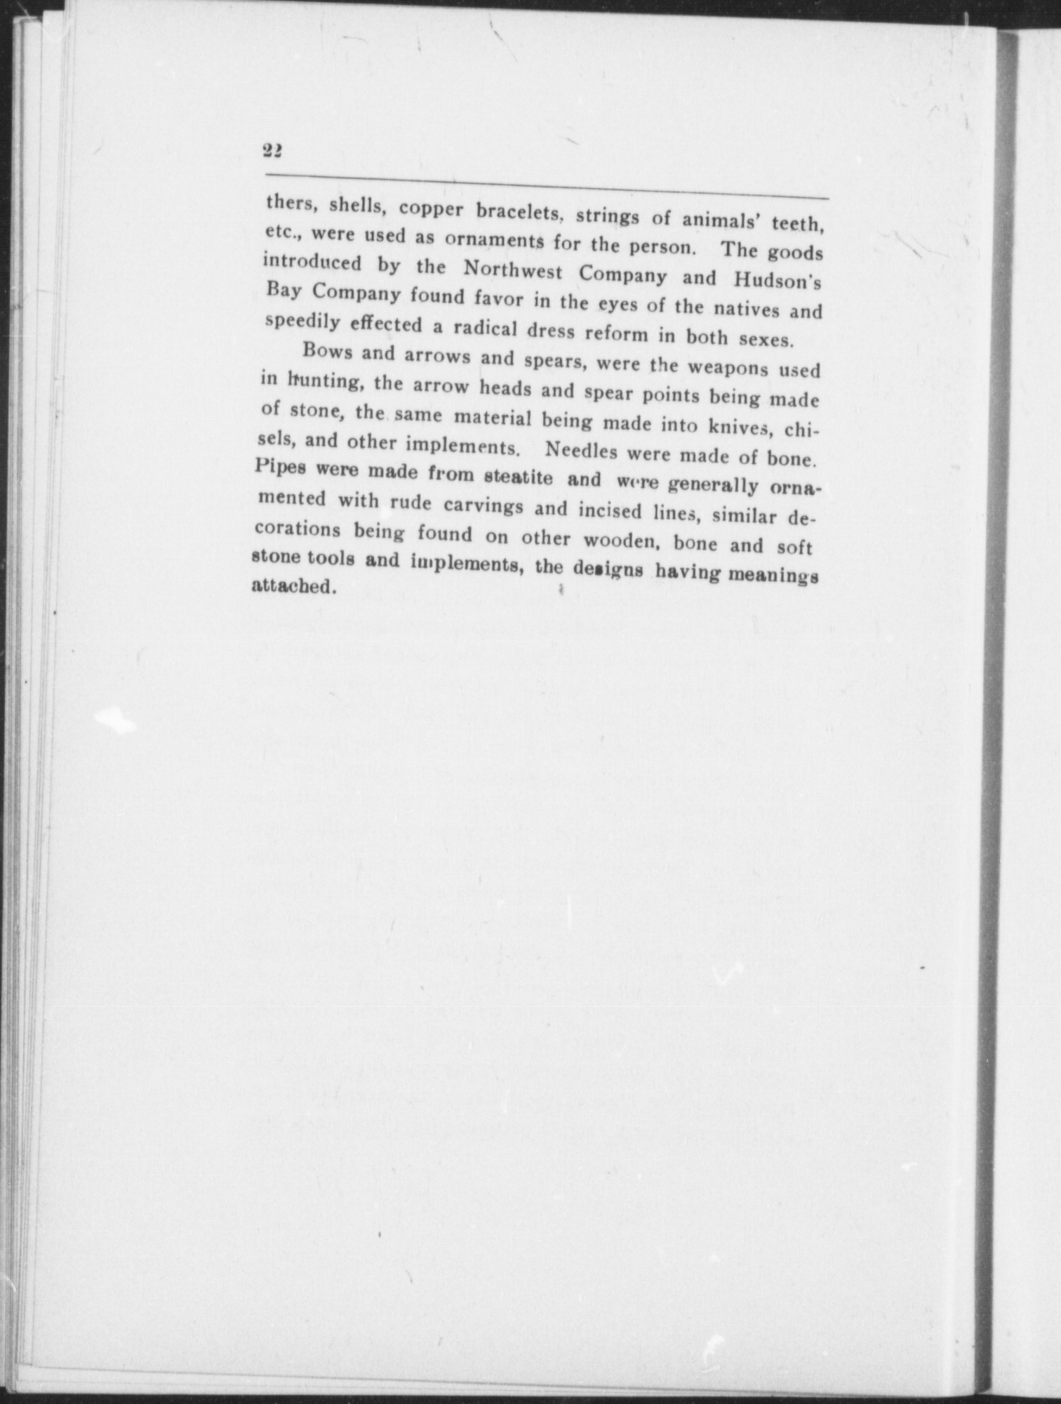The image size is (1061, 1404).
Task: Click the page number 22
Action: pyautogui.click(x=272, y=150)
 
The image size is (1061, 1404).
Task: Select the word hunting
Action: pyautogui.click(x=324, y=381)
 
